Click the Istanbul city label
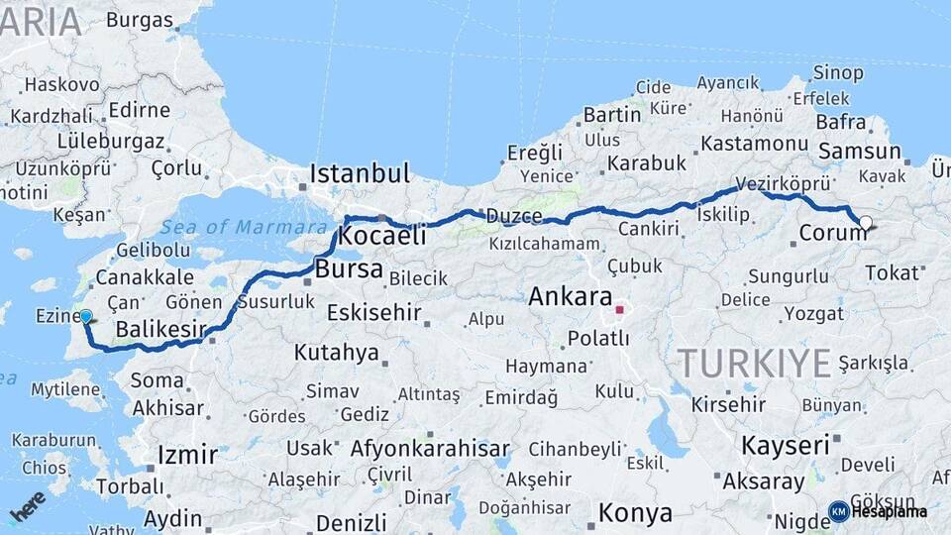tap(359, 173)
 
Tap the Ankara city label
tap(570, 295)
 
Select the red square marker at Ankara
tap(620, 309)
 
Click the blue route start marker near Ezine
tap(85, 317)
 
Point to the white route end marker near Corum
tap(866, 223)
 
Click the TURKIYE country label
tap(755, 364)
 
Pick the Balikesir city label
tap(160, 328)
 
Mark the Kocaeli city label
tap(381, 236)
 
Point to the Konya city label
tap(635, 514)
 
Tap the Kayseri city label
tap(785, 445)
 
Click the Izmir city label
tap(187, 455)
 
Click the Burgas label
tap(139, 20)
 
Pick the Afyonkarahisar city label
tap(430, 448)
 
